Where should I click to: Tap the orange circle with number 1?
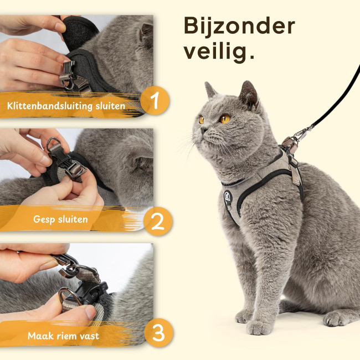(x=155, y=100)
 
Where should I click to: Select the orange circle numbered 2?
(x=158, y=222)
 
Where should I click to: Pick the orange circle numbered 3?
(x=158, y=333)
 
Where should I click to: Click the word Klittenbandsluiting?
(x=50, y=106)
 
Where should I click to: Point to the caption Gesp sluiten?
(x=60, y=219)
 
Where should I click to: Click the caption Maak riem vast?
(x=63, y=336)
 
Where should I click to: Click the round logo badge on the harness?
(x=228, y=197)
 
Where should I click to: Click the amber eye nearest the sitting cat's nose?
(x=202, y=120)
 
